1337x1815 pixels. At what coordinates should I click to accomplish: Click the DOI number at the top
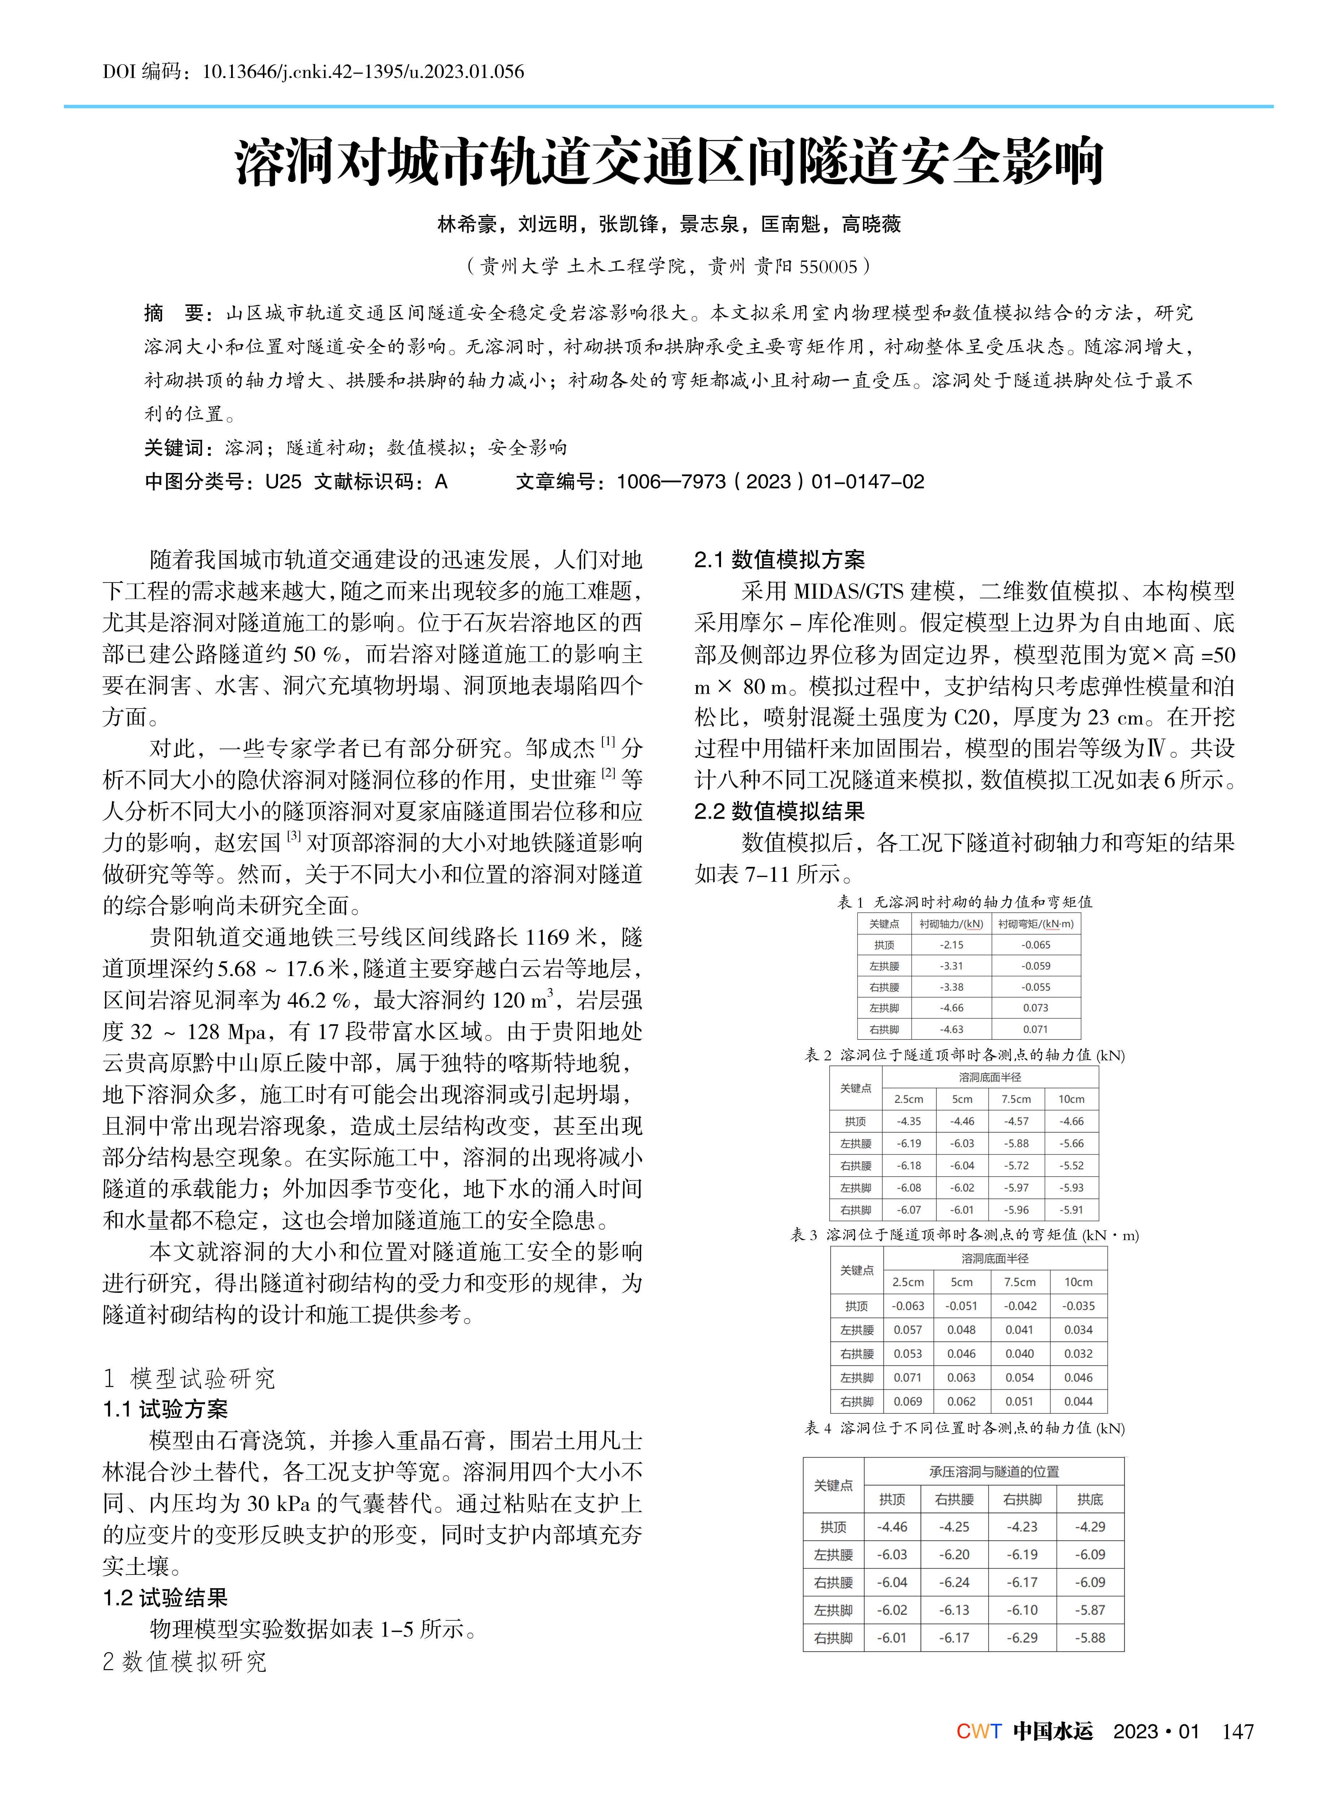(363, 72)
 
